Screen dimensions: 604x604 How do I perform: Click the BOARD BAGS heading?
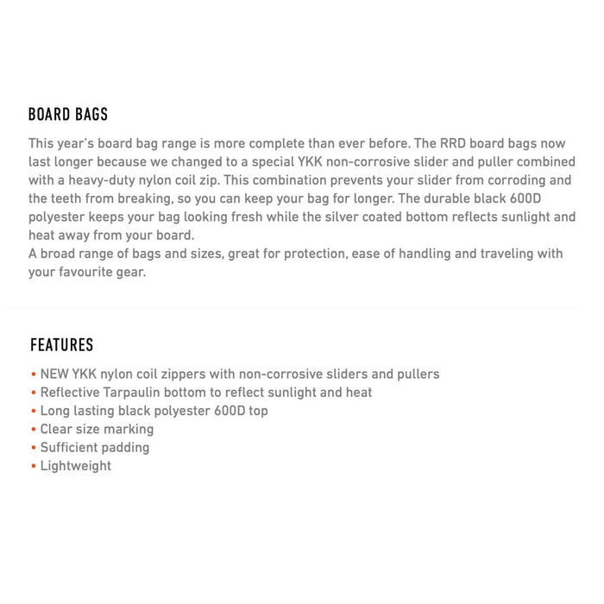68,115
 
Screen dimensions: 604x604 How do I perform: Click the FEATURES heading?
61,345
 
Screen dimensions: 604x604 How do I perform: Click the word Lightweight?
76,466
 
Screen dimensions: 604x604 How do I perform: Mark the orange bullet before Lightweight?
33,466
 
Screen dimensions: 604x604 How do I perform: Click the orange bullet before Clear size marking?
33,430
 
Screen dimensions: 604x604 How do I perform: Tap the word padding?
127,448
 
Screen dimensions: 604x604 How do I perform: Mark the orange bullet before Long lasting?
33,411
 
